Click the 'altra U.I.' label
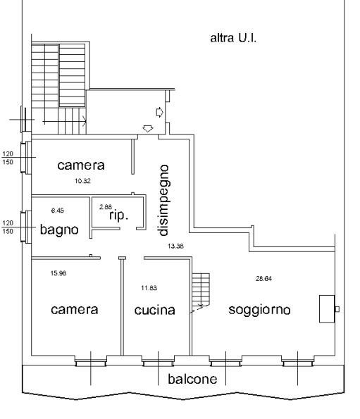pyautogui.click(x=233, y=38)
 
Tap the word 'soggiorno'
pyautogui.click(x=259, y=310)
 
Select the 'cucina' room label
pyautogui.click(x=155, y=310)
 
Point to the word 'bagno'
pyautogui.click(x=59, y=230)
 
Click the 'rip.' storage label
pyautogui.click(x=119, y=215)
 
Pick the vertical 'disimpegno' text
pyautogui.click(x=163, y=201)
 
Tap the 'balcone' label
pyautogui.click(x=192, y=379)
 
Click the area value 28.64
pyautogui.click(x=263, y=278)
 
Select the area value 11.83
pyautogui.click(x=149, y=288)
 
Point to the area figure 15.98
pyautogui.click(x=58, y=273)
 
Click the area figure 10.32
pyautogui.click(x=82, y=181)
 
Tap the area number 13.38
pyautogui.click(x=175, y=246)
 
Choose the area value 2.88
pyautogui.click(x=106, y=207)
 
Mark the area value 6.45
pyautogui.click(x=58, y=211)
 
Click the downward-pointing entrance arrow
pyautogui.click(x=148, y=129)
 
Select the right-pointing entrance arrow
pyautogui.click(x=159, y=112)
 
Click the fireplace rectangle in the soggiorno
pyautogui.click(x=327, y=308)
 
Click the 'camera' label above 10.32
pyautogui.click(x=81, y=165)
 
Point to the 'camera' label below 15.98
pyautogui.click(x=74, y=309)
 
